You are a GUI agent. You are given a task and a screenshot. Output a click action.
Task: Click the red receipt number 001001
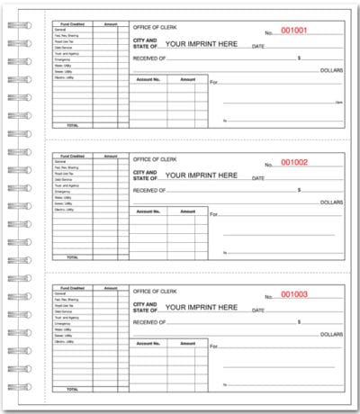[x=293, y=30]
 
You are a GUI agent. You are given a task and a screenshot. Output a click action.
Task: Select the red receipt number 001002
[x=293, y=162]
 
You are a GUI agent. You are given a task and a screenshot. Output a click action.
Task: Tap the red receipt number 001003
[x=293, y=294]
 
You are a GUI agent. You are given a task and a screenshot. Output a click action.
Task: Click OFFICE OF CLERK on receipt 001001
[x=155, y=29]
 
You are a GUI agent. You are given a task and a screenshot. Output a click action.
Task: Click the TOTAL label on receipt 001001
[x=72, y=125]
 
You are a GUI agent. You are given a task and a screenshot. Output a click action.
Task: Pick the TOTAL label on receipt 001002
[x=72, y=257]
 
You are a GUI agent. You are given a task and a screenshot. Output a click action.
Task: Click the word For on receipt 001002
[x=214, y=214]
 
